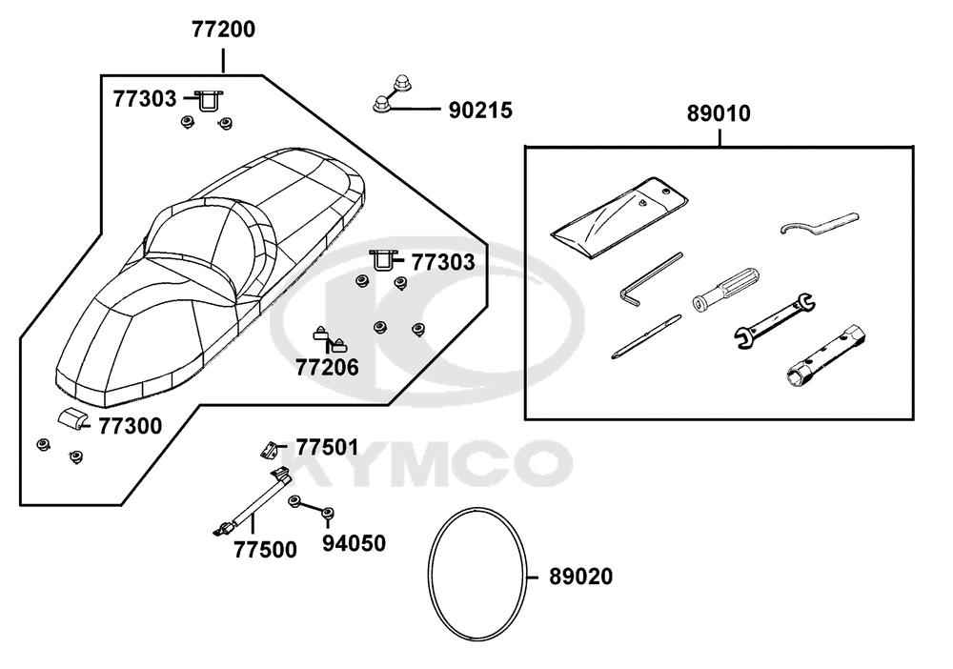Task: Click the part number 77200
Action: click(x=224, y=30)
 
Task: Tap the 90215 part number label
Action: click(x=480, y=111)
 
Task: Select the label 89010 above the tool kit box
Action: click(x=719, y=113)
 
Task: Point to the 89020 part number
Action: click(x=580, y=577)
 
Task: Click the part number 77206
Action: click(x=327, y=368)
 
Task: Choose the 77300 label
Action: click(x=130, y=426)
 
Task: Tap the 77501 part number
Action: click(x=327, y=447)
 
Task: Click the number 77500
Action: click(x=265, y=550)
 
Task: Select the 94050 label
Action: click(x=354, y=543)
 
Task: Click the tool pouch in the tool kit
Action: click(x=618, y=217)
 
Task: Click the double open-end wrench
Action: click(x=775, y=321)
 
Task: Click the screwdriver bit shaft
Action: click(x=646, y=336)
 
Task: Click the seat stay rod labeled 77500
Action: click(x=253, y=502)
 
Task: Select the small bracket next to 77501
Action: click(x=270, y=450)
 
